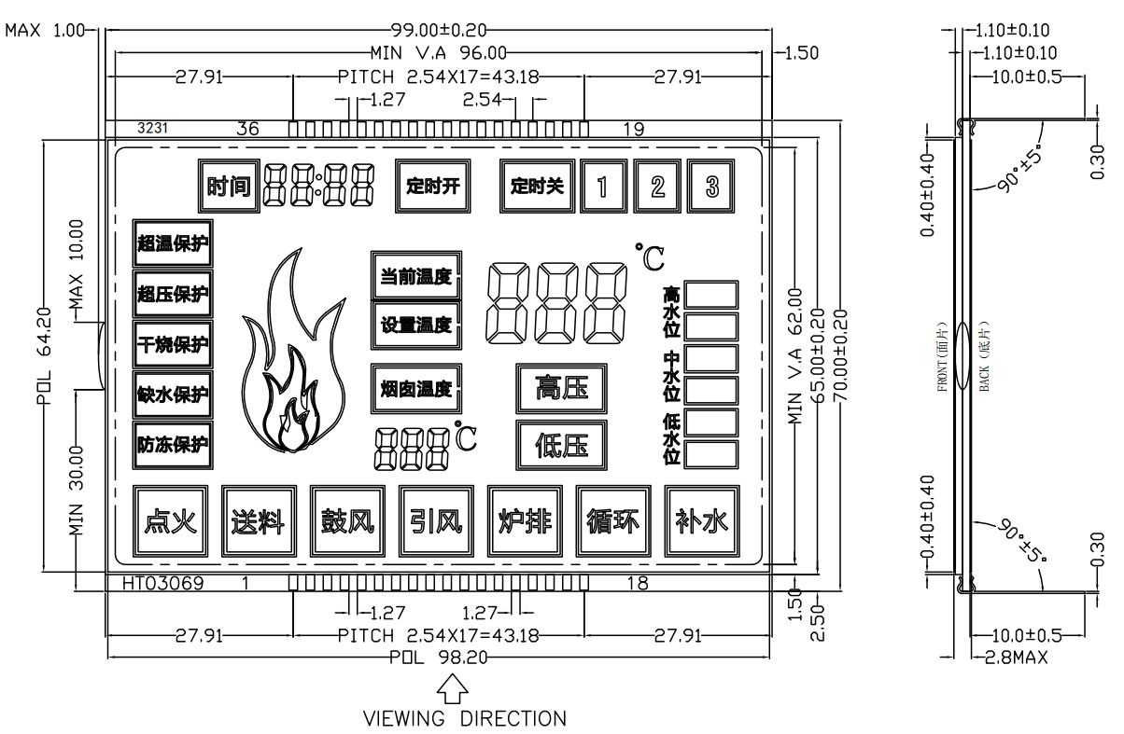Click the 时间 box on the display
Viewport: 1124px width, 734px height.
(229, 186)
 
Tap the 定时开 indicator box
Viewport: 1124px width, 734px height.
(433, 185)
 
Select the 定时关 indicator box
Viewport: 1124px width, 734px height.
(538, 185)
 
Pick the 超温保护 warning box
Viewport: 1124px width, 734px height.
(172, 243)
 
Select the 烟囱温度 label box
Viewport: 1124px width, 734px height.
(416, 389)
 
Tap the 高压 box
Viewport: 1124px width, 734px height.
(562, 388)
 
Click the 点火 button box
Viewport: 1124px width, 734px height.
(170, 520)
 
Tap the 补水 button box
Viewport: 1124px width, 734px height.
(701, 520)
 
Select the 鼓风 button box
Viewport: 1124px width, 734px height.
(347, 520)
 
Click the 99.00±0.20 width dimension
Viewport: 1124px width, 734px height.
(439, 31)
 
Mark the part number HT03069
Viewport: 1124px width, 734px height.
(164, 584)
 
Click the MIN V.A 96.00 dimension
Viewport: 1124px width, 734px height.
(439, 53)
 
